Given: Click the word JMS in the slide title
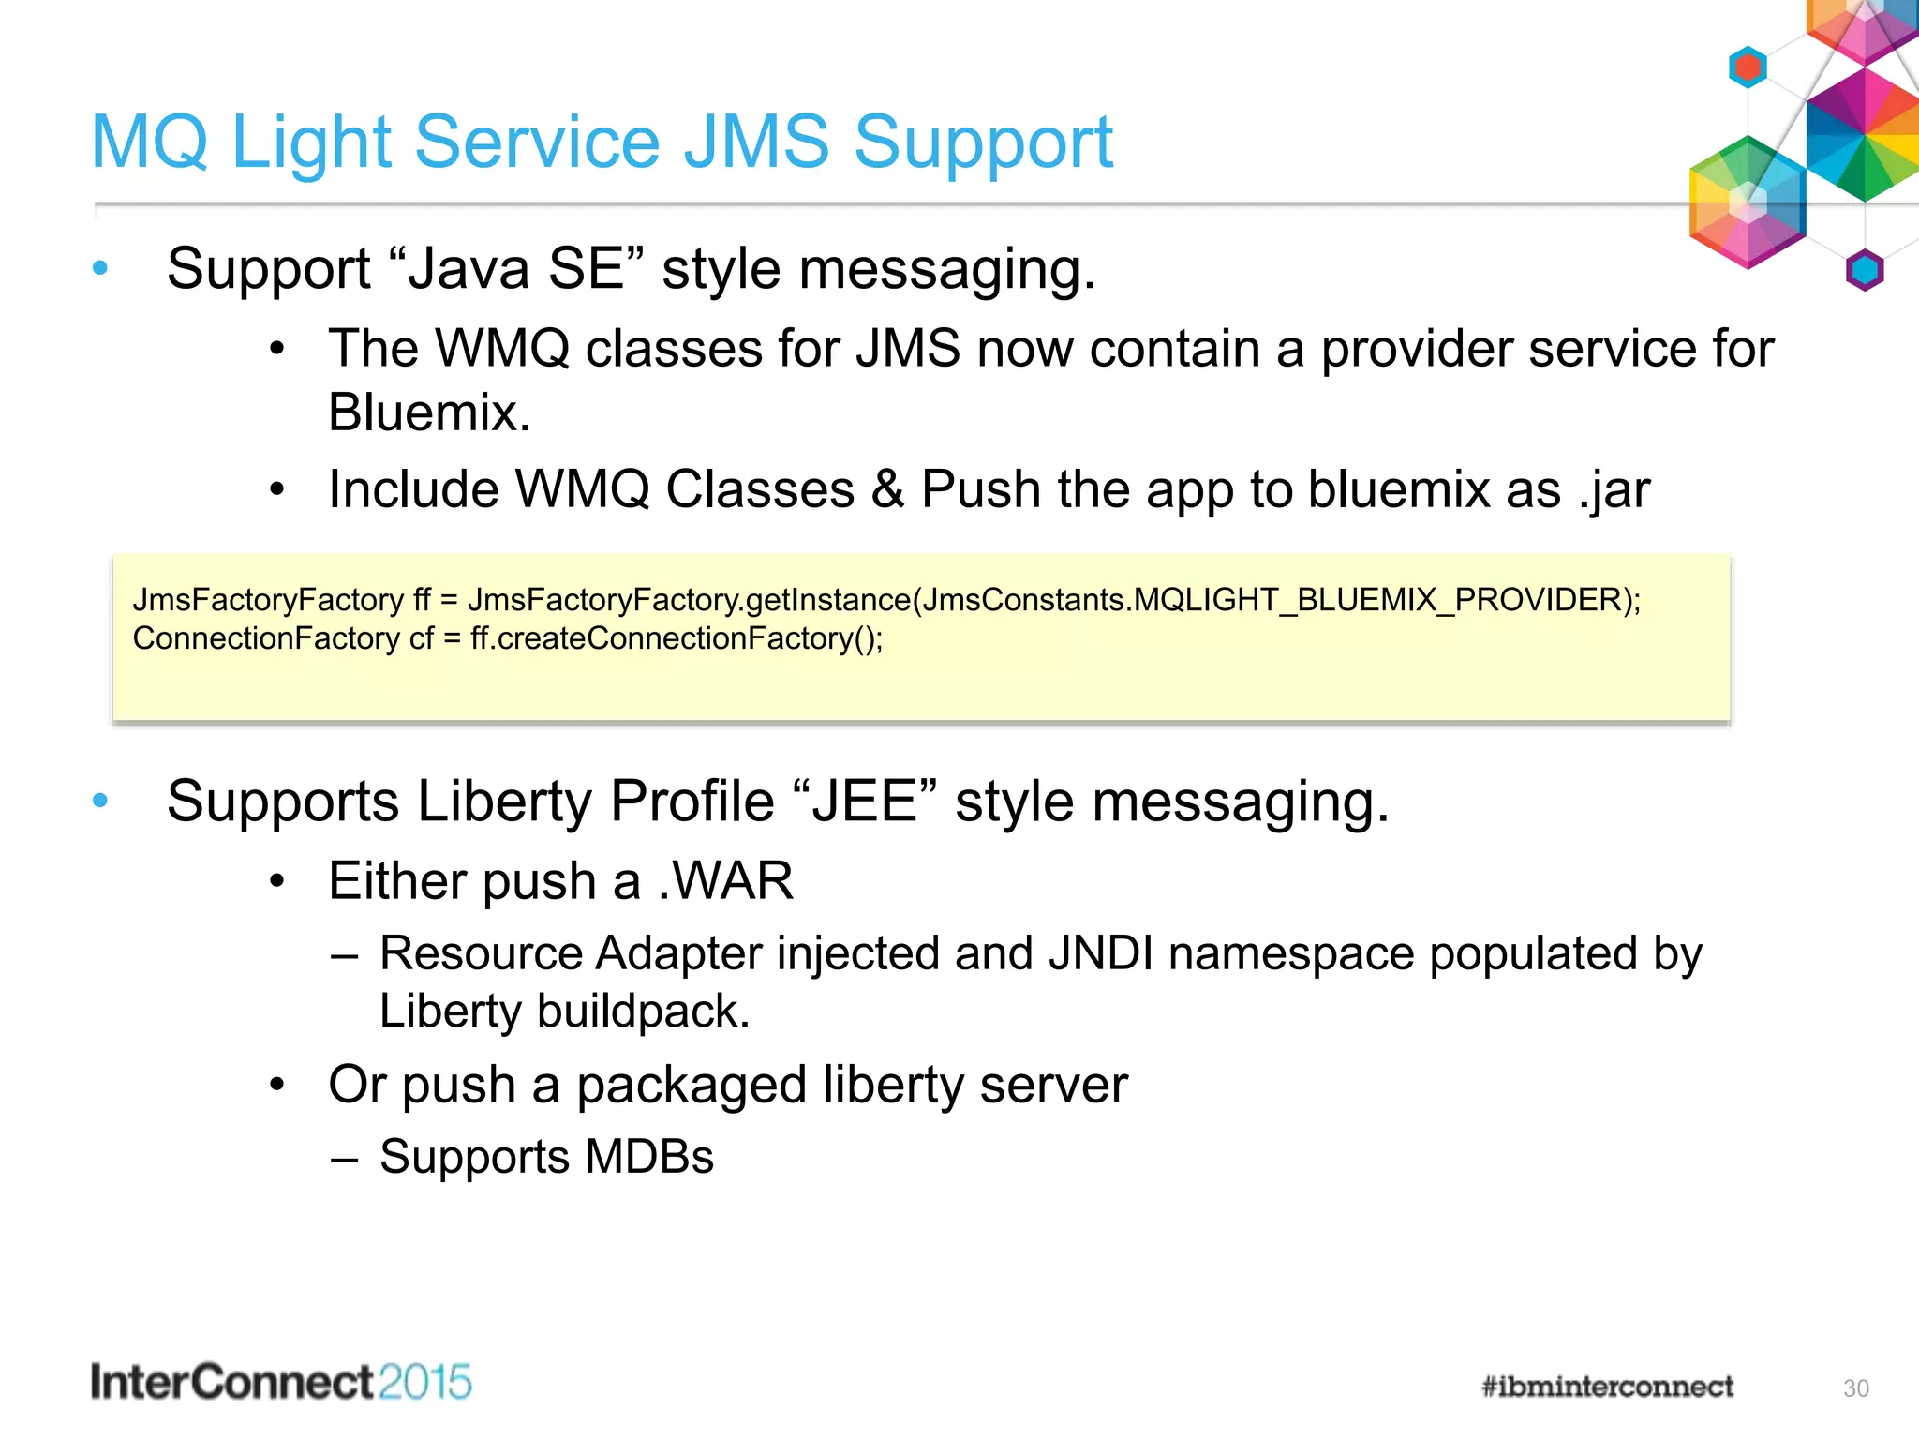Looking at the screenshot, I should pos(756,142).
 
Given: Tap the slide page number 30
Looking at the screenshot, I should pos(1855,1388).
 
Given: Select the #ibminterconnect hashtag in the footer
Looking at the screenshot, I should pos(1607,1387).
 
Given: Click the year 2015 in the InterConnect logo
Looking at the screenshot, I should pos(425,1383).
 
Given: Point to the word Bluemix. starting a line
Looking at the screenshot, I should pos(429,412).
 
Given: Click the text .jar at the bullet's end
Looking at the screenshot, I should pos(1614,490).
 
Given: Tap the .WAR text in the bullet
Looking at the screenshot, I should pos(725,881).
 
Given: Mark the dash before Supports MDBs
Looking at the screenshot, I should pos(344,1159).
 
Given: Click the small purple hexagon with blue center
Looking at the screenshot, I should pos(1865,271).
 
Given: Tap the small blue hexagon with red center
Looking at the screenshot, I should pos(1748,67).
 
